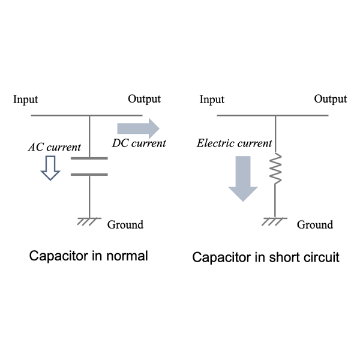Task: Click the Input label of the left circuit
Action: click(25, 100)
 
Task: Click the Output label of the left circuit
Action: click(144, 99)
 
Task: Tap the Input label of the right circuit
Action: click(212, 100)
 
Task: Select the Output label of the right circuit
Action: click(331, 99)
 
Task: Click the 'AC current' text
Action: click(55, 147)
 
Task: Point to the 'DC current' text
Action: click(139, 143)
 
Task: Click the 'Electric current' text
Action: click(235, 143)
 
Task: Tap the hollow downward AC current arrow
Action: click(50, 168)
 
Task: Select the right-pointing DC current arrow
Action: click(138, 128)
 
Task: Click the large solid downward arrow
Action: click(243, 179)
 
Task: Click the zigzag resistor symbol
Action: click(275, 168)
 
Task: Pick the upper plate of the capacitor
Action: click(89, 158)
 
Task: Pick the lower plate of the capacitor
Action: click(89, 175)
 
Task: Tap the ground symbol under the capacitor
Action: click(89, 221)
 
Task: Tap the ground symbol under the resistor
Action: click(275, 221)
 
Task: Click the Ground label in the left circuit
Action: click(125, 225)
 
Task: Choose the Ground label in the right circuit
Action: click(315, 225)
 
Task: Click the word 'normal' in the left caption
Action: click(127, 256)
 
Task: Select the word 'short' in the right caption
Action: click(284, 257)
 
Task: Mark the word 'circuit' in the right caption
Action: click(322, 257)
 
